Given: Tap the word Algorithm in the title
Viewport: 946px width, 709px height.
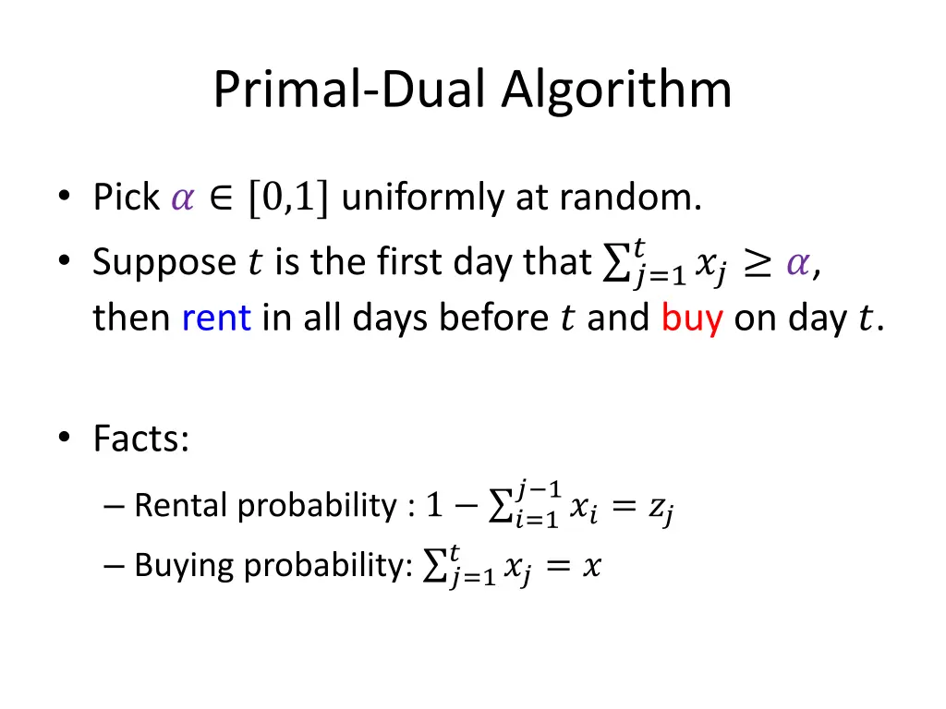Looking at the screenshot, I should click(x=616, y=90).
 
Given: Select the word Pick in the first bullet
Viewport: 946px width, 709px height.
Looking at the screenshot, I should click(x=127, y=198).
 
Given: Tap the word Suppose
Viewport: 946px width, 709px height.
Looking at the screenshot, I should click(x=164, y=262).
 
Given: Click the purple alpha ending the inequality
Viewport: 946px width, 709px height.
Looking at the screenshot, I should click(x=795, y=264).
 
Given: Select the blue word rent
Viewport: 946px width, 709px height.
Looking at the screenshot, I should click(x=216, y=318).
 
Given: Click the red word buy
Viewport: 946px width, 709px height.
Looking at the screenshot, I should click(x=691, y=318).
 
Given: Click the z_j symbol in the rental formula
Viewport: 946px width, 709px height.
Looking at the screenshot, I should click(x=661, y=508).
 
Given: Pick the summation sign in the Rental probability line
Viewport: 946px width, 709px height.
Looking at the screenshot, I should click(x=501, y=506).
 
